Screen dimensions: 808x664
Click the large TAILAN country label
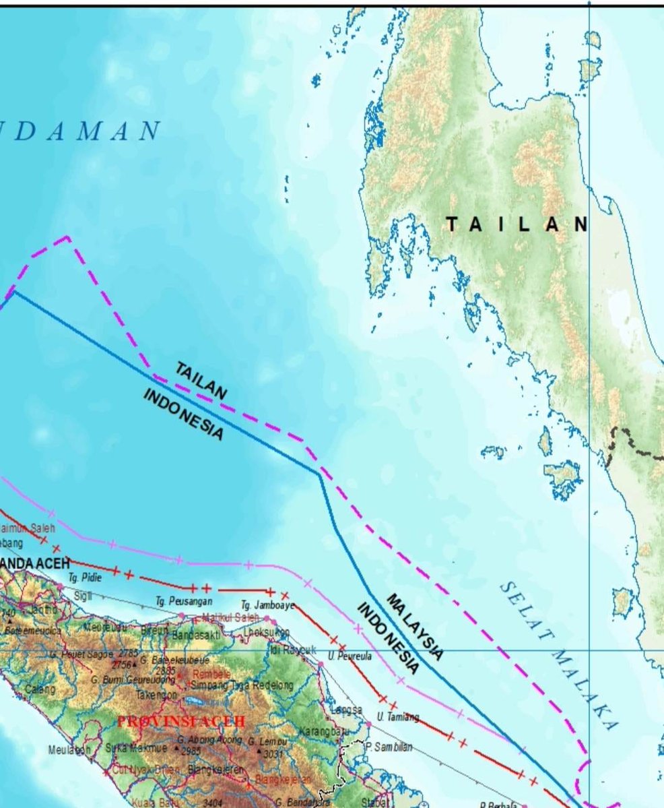(x=517, y=224)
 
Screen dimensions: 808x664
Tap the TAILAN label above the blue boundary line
(x=201, y=380)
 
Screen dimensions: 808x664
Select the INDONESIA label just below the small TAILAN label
(x=182, y=414)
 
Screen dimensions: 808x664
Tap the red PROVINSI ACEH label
(x=181, y=721)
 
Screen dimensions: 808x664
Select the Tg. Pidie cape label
(x=85, y=578)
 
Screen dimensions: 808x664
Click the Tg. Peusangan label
(x=184, y=600)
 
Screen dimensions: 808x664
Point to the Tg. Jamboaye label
(x=268, y=606)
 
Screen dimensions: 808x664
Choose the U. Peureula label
(x=350, y=656)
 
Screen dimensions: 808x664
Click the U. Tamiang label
(x=398, y=717)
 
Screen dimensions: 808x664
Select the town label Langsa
(x=346, y=710)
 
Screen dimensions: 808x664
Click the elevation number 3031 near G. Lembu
(x=273, y=753)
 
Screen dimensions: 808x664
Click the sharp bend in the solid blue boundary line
(x=319, y=473)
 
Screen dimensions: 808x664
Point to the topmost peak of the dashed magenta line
(x=67, y=237)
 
